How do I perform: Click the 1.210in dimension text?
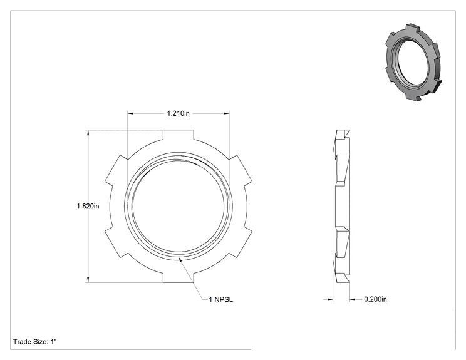[178, 113]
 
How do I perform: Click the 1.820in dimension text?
[88, 206]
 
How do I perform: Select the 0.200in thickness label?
[375, 299]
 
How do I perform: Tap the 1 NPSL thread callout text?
[221, 300]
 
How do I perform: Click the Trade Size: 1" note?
[35, 342]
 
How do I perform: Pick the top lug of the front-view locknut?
[179, 135]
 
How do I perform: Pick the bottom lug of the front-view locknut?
[179, 277]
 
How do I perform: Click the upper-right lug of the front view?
[240, 170]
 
